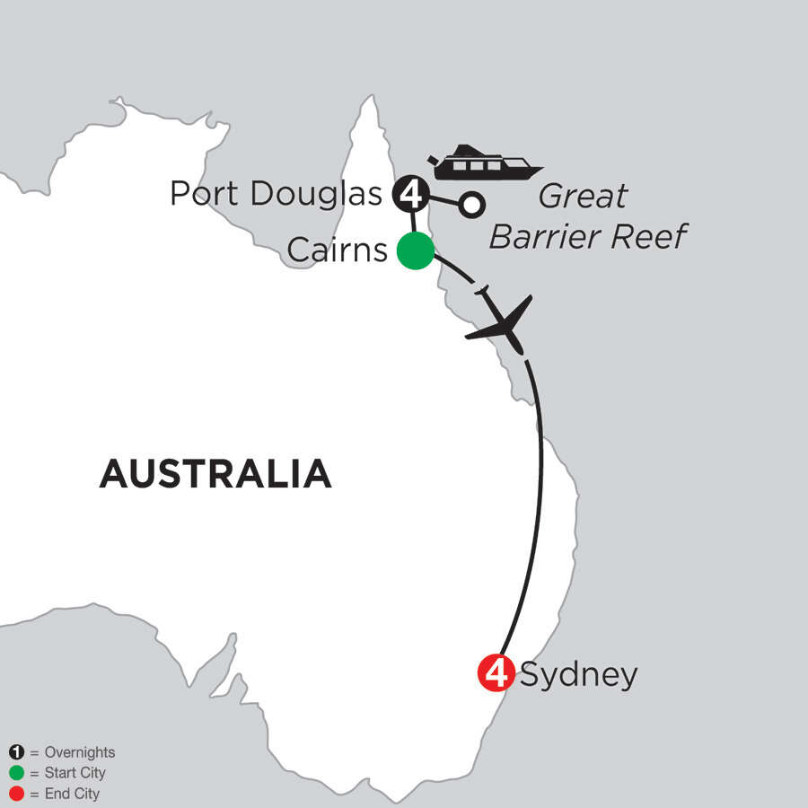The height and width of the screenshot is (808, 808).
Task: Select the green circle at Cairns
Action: [x=416, y=250]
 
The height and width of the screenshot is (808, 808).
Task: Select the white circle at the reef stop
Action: [x=470, y=205]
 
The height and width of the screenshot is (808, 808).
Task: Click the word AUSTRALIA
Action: [x=215, y=473]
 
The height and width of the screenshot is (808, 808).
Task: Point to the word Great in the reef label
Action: [x=584, y=197]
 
